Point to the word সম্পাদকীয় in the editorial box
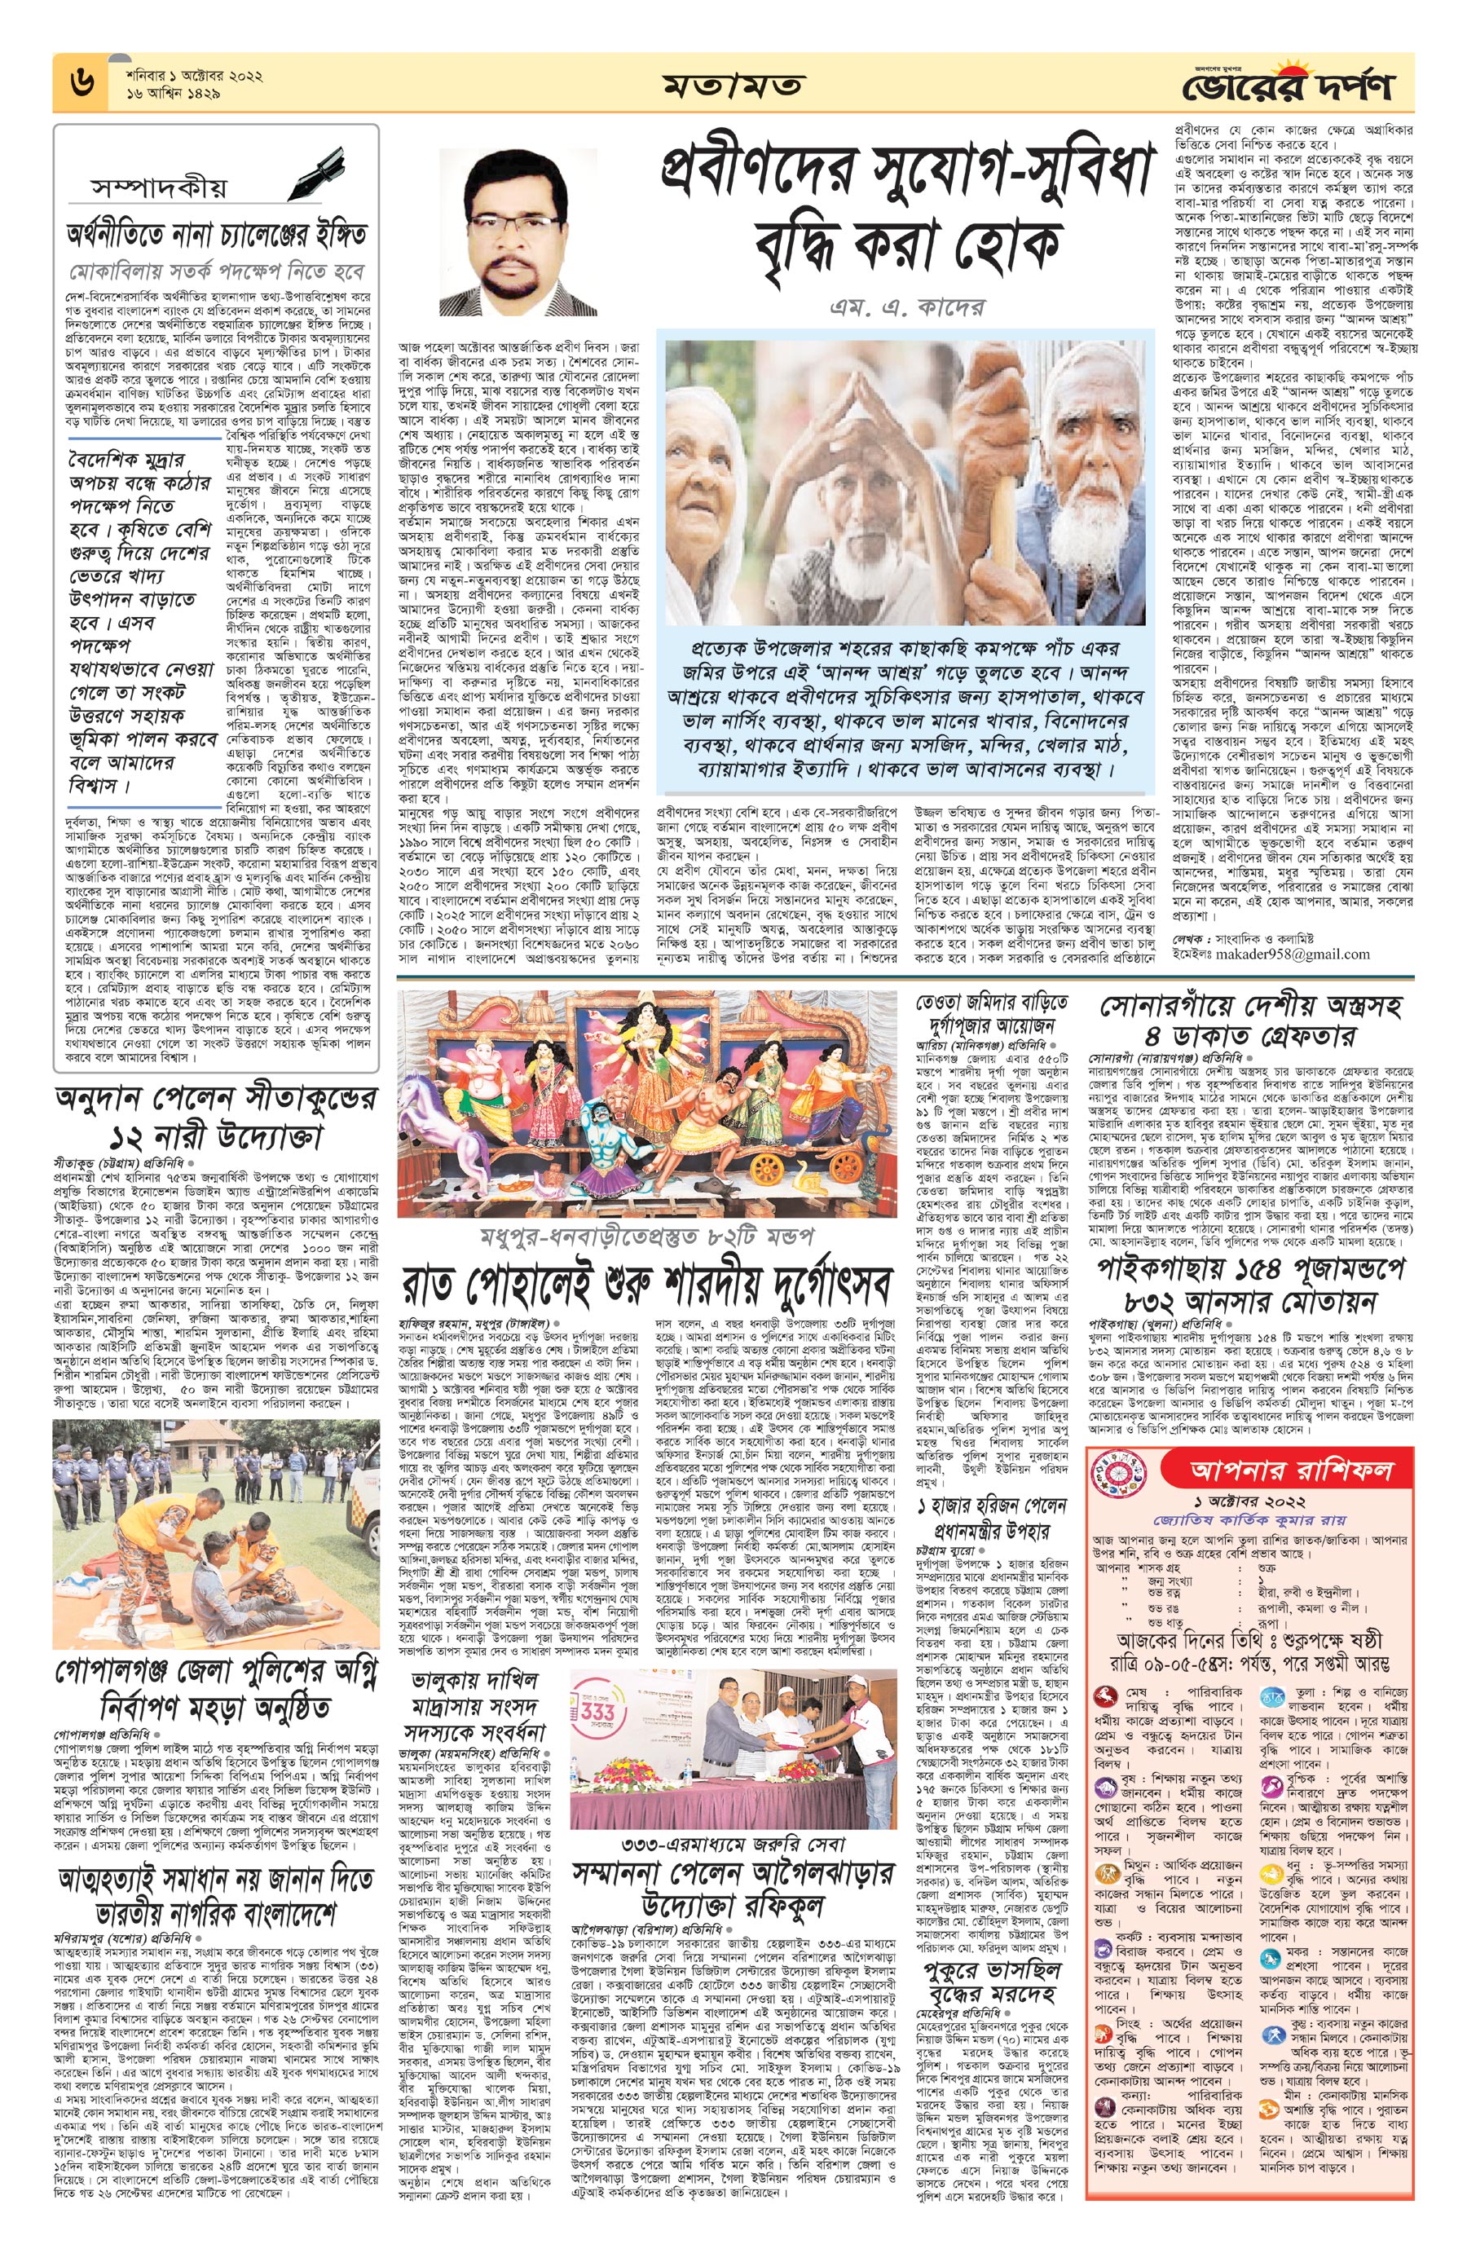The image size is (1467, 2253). [160, 187]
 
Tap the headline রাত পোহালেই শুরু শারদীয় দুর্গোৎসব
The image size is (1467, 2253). [646, 1285]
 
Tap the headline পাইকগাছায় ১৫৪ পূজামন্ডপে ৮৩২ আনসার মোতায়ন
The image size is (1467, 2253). [1253, 1283]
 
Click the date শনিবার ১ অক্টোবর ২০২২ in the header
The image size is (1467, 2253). [194, 75]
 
